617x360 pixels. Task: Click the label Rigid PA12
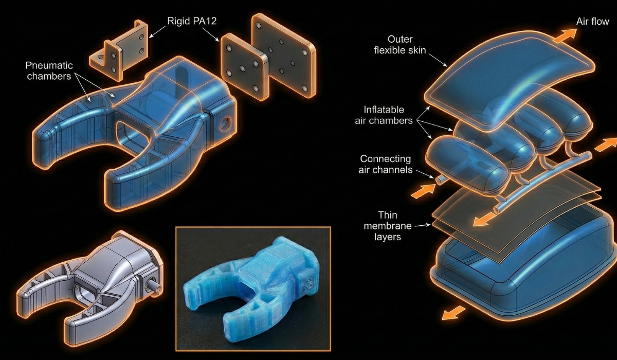coord(192,21)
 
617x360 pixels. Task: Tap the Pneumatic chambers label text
coord(49,71)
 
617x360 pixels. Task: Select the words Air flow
coord(592,22)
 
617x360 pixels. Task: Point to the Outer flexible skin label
coord(400,45)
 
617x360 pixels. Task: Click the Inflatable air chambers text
coord(384,115)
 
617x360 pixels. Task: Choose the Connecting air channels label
coord(385,164)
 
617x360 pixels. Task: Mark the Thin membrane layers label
coord(388,226)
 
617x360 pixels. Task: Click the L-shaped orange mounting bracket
coord(119,51)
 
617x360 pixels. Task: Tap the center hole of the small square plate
coord(242,68)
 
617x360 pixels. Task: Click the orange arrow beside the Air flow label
coord(565,36)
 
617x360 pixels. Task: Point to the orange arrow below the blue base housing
coord(453,313)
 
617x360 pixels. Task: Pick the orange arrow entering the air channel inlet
coord(423,191)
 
